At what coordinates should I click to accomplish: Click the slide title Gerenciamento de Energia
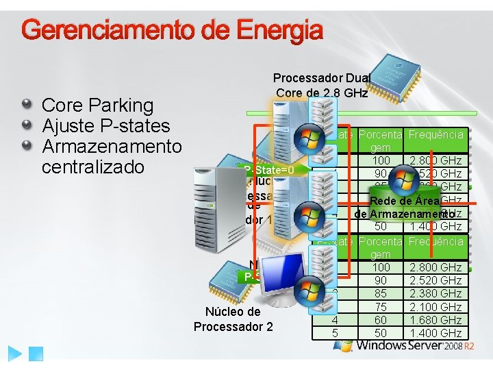pos(172,30)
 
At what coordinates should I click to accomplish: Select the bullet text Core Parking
pos(98,106)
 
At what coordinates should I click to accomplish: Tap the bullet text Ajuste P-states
pos(105,126)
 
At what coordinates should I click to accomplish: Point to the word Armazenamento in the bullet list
pos(112,147)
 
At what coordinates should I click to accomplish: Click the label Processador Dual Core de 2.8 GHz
pos(322,86)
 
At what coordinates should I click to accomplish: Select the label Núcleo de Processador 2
pos(233,319)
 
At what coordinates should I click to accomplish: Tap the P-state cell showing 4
pos(335,320)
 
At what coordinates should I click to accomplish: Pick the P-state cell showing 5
pos(335,333)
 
